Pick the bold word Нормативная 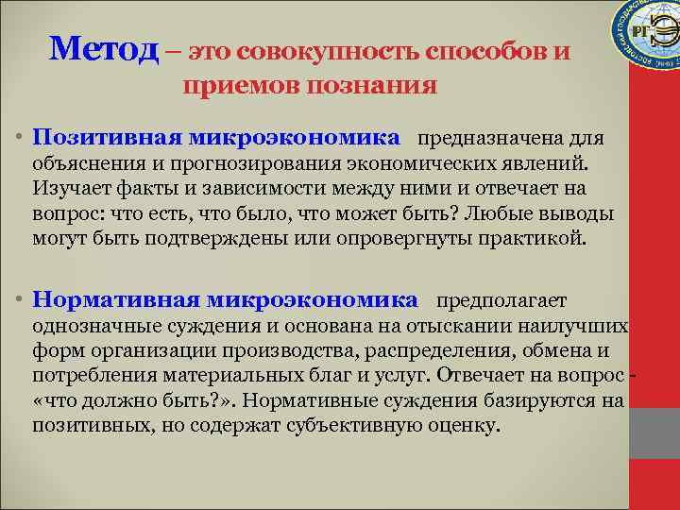click(x=114, y=300)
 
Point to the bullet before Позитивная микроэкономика click(x=19, y=140)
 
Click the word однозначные click(x=89, y=327)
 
